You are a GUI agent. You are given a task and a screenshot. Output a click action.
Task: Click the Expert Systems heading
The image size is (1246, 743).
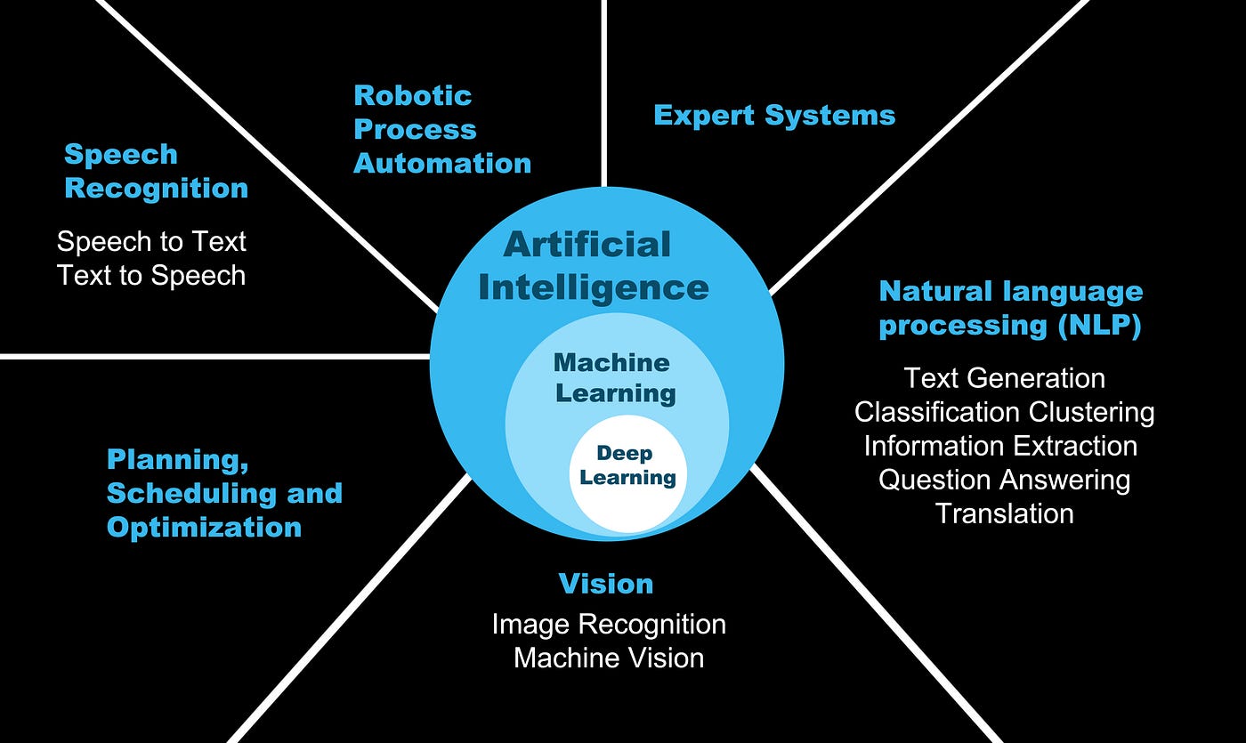(774, 116)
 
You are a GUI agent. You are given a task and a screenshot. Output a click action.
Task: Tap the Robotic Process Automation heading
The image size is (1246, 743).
(441, 129)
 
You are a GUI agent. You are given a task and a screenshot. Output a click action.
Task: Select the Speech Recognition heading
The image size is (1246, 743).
(156, 171)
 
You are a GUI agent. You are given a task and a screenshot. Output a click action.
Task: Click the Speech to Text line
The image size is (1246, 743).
(151, 241)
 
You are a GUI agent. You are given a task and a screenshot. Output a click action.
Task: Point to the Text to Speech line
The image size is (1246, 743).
(151, 275)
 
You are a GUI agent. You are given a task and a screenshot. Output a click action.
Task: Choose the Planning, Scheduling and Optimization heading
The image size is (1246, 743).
(224, 493)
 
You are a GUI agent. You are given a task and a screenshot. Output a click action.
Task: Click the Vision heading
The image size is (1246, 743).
(606, 584)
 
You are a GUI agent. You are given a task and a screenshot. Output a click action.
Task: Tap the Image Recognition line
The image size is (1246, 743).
(609, 624)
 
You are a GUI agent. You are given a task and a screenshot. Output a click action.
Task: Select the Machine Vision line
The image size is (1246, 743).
(609, 658)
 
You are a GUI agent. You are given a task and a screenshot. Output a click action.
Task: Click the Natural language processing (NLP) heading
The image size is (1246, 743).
(1010, 308)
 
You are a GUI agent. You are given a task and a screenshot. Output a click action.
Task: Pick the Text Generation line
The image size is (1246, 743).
(1005, 378)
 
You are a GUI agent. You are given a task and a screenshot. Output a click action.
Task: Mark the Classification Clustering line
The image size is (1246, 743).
(1005, 412)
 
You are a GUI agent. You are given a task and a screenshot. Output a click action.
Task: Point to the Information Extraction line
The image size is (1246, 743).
(1000, 446)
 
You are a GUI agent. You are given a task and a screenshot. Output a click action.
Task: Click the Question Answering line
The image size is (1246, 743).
(1005, 480)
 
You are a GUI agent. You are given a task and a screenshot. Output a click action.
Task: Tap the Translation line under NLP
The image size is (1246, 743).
(1005, 513)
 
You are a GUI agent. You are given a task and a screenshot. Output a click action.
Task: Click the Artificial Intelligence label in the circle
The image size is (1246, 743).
(593, 265)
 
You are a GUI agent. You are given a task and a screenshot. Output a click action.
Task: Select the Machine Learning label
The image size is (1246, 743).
(614, 377)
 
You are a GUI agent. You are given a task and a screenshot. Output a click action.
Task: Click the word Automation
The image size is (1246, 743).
(442, 163)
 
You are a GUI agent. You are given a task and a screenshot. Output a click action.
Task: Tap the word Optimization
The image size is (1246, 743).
(204, 527)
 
